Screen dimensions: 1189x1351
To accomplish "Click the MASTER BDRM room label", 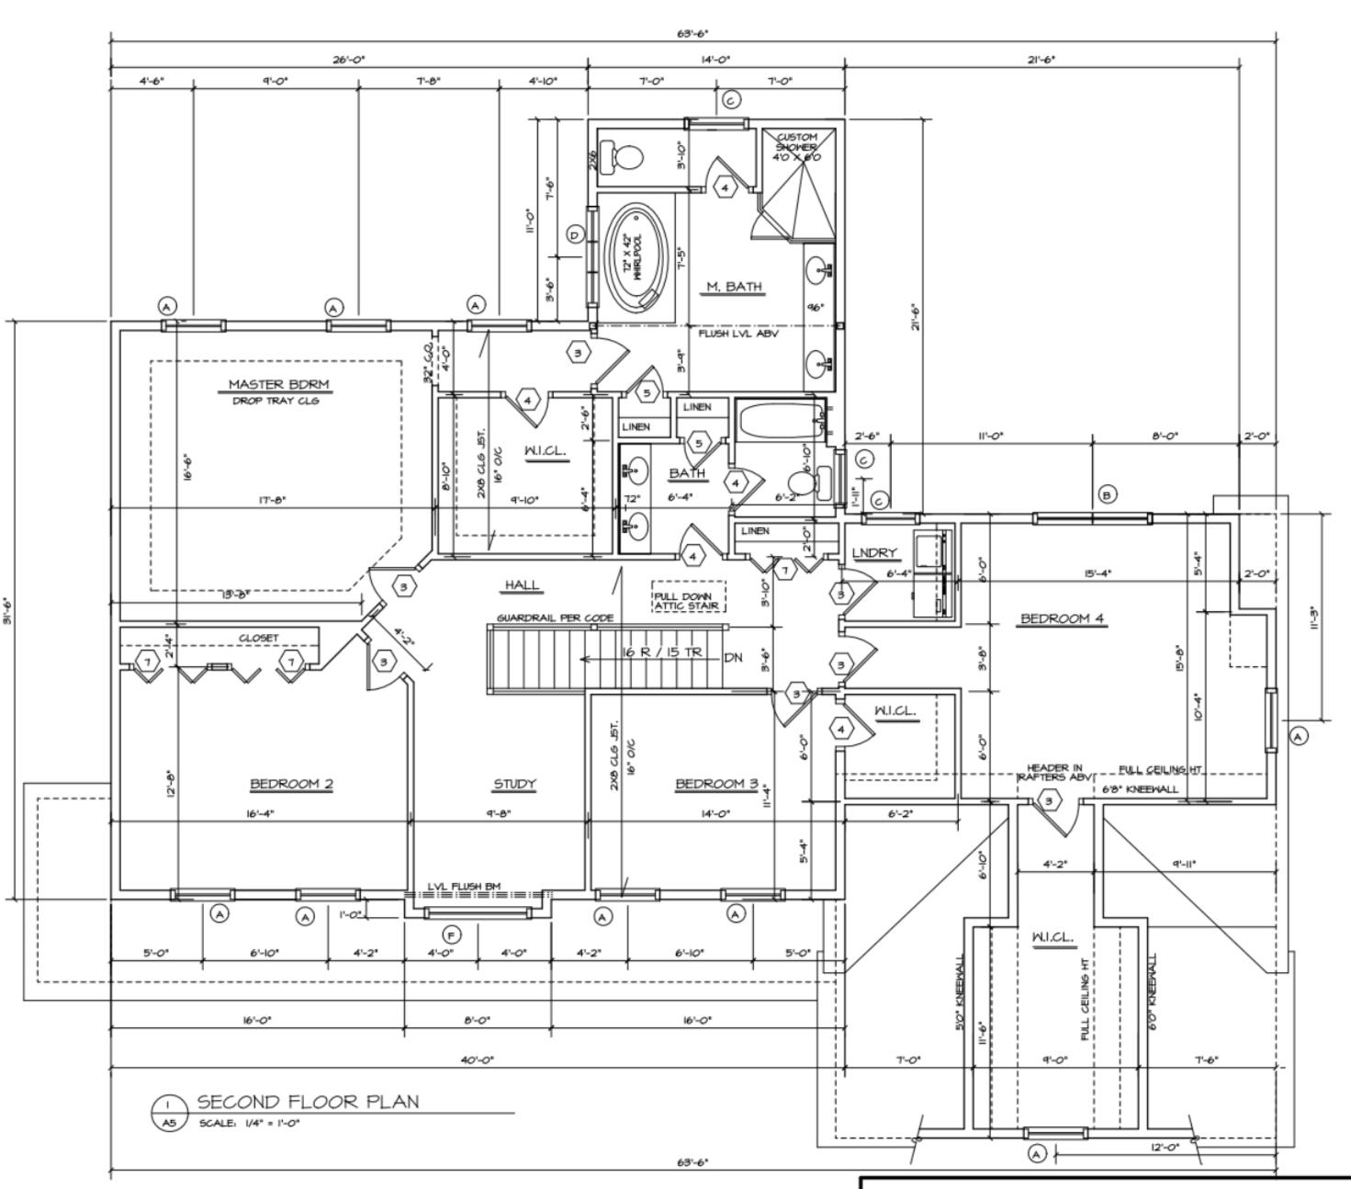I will click(x=278, y=384).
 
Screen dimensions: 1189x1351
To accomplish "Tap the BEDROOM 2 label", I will click(x=291, y=784).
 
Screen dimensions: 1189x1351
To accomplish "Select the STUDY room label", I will click(x=514, y=784).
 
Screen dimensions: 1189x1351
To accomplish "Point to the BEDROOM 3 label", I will click(x=716, y=784).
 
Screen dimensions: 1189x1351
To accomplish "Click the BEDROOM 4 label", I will click(x=1063, y=618).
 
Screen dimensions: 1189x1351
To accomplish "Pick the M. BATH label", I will click(x=733, y=287).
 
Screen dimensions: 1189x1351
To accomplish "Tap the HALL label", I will click(x=522, y=585).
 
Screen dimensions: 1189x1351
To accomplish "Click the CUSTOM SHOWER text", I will click(x=796, y=147).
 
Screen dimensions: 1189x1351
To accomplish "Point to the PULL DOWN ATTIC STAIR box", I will click(x=688, y=601).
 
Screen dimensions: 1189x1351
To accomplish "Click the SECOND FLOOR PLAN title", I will click(x=308, y=1102).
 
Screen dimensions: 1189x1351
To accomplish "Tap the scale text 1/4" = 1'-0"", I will click(x=250, y=1123).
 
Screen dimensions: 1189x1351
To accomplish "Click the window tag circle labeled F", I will click(x=451, y=935).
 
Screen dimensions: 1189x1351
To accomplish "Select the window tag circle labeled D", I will click(x=575, y=235).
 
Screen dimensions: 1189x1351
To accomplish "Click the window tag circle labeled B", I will click(x=1108, y=495).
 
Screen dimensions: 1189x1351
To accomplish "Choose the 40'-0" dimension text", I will click(x=478, y=1059).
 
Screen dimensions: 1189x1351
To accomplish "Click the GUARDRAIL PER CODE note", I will click(x=555, y=618).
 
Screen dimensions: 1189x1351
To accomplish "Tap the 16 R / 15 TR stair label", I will click(x=662, y=652).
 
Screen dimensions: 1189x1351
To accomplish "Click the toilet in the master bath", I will click(x=627, y=157).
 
